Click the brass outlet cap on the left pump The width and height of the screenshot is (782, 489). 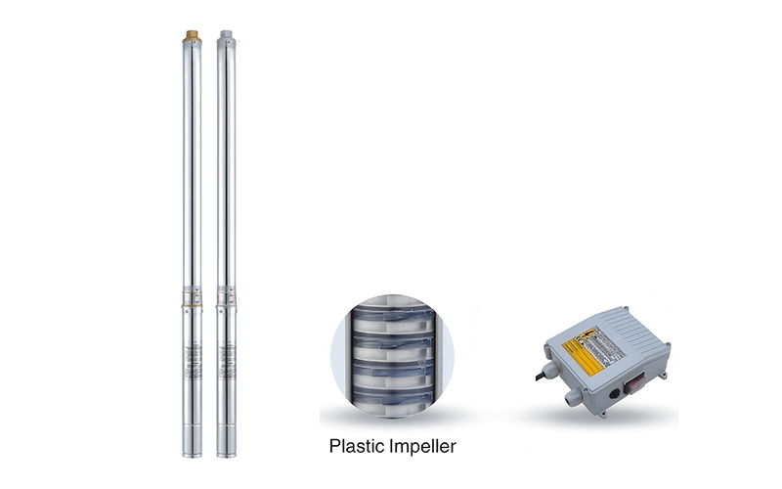(192, 35)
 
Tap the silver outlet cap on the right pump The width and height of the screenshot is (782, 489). (226, 35)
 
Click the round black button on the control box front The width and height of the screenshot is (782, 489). (614, 396)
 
